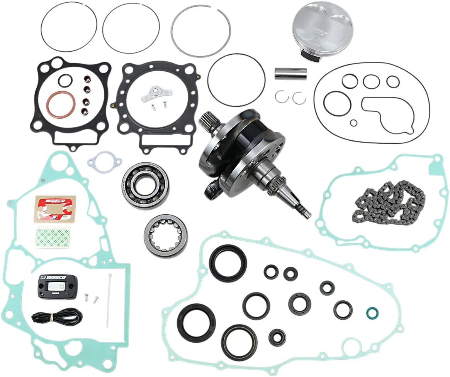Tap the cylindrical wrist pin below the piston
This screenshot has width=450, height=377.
pyautogui.click(x=290, y=74)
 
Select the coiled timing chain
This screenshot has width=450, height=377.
pyautogui.click(x=388, y=200)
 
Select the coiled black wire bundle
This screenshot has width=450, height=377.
pyautogui.click(x=57, y=316)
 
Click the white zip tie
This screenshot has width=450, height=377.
pyautogui.click(x=110, y=300)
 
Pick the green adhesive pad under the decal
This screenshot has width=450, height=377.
pyautogui.click(x=53, y=238)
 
